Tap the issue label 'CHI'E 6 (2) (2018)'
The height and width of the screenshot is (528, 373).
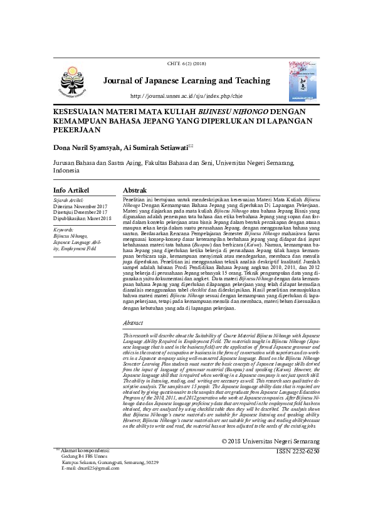(186, 64)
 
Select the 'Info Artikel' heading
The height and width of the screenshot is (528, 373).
(71, 190)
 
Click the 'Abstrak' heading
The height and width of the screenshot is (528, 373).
(135, 190)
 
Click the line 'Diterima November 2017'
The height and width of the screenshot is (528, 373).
(80, 206)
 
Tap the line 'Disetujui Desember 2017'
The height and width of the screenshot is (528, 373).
(80, 212)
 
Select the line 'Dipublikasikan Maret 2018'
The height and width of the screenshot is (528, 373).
(82, 218)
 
